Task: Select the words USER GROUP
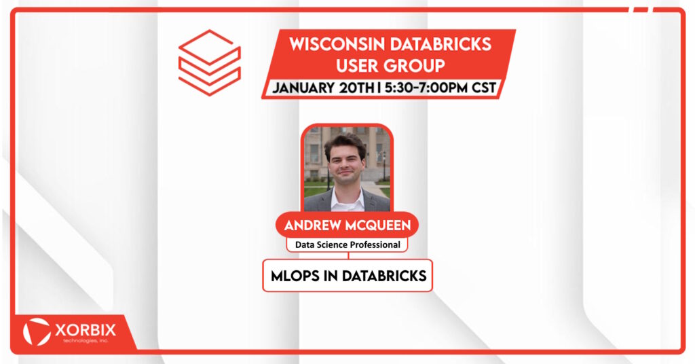pos(390,66)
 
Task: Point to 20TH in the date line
pos(356,88)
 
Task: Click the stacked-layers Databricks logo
pos(209,62)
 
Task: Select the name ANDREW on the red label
pos(313,225)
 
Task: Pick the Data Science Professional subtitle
pos(347,244)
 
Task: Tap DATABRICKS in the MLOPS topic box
pos(384,276)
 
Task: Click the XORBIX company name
pos(86,330)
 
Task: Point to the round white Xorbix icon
pos(37,331)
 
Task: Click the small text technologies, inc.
pos(86,341)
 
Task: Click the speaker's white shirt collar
pos(347,198)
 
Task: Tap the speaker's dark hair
pos(345,144)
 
